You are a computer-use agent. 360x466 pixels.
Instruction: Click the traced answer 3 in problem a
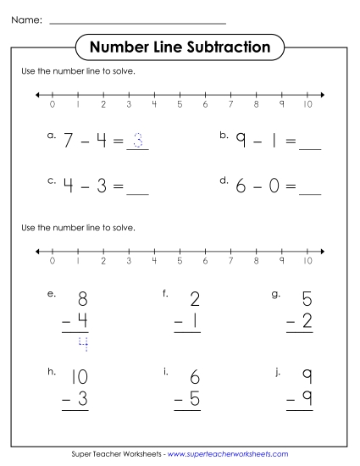[x=138, y=141]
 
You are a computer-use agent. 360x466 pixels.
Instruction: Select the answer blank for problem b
[x=310, y=146]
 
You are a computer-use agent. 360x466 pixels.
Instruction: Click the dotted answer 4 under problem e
[x=82, y=343]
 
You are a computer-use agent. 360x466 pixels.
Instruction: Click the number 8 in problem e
[x=82, y=299]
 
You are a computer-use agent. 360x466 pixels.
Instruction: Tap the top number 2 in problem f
[x=195, y=299]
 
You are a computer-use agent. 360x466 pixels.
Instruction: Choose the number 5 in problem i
[x=194, y=399]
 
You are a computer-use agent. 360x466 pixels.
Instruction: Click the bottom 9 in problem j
[x=307, y=399]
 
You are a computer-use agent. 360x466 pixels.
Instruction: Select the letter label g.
[x=276, y=294]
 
